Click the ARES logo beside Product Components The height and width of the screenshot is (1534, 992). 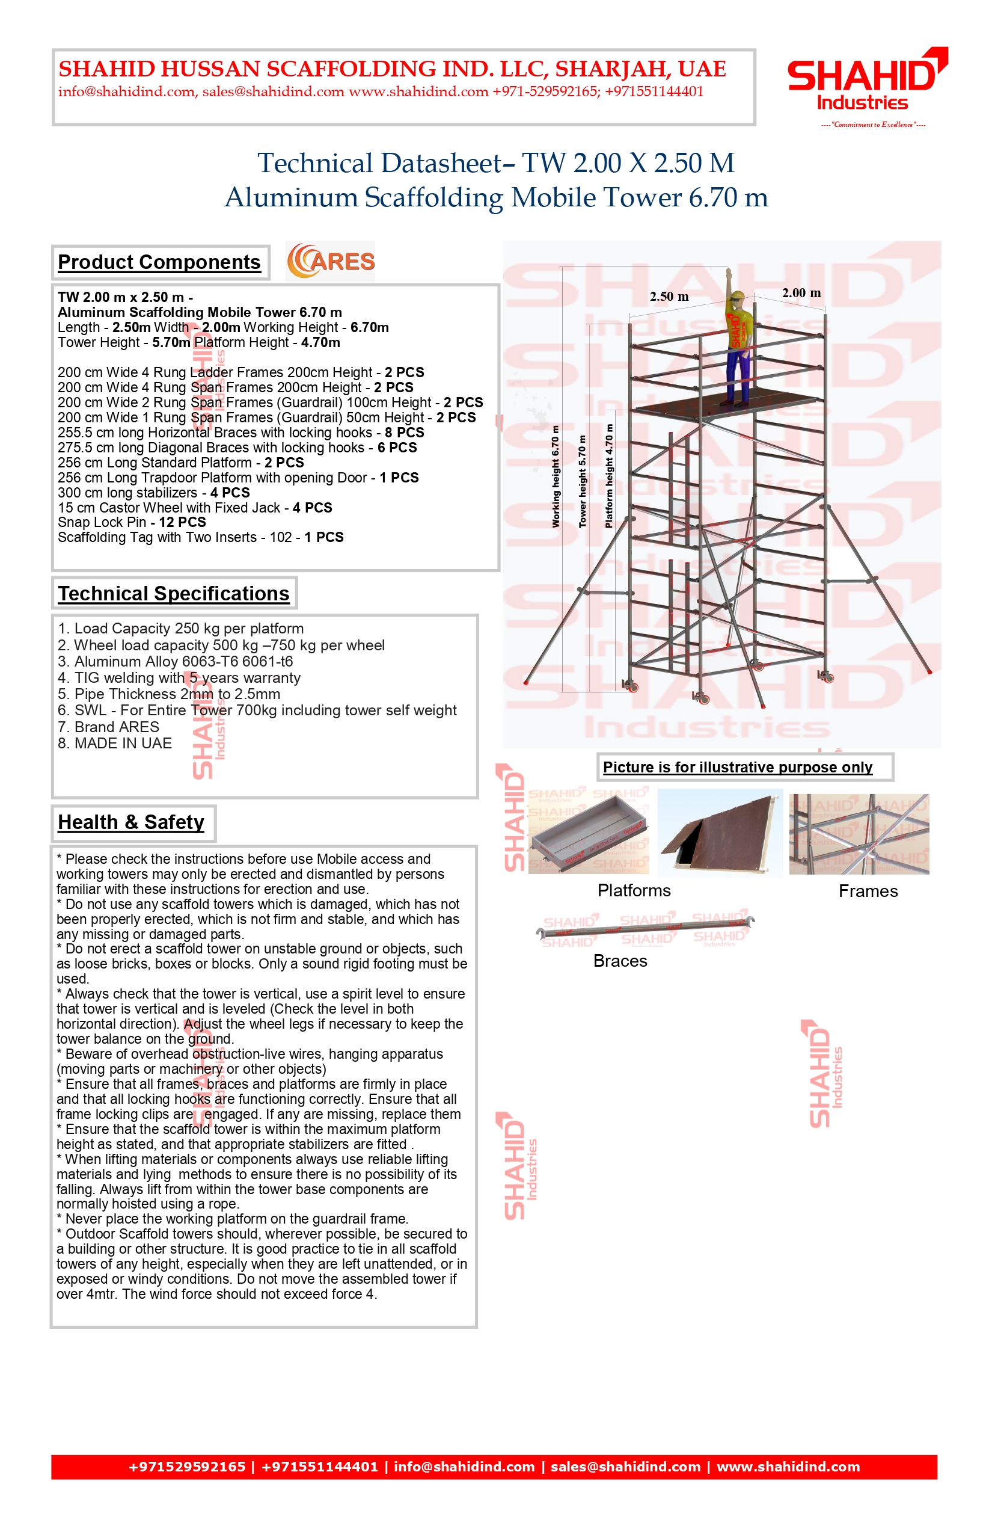pos(331,261)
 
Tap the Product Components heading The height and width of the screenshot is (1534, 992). pos(159,262)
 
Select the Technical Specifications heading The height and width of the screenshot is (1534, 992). pos(173,594)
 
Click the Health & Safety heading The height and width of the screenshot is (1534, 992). pos(131,822)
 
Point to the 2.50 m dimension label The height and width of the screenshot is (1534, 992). pos(669,297)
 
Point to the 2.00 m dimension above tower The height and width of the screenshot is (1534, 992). pos(801,292)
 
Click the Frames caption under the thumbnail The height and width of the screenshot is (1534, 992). pos(868,892)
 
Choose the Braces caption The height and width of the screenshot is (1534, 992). pos(620,961)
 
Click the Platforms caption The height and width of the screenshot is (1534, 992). pos(634,891)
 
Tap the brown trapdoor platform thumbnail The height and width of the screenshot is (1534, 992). pos(720,831)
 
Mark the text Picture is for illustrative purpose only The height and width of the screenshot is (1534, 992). pos(738,767)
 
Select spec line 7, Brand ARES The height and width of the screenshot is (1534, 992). pos(116,727)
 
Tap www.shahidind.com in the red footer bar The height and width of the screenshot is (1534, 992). pos(788,1467)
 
